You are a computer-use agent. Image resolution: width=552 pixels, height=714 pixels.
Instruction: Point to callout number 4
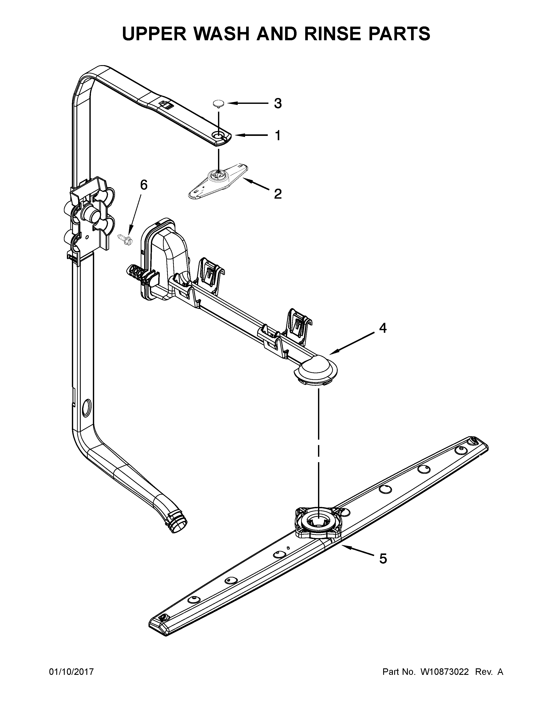(x=383, y=328)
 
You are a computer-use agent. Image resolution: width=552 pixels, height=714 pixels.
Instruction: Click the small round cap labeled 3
(x=217, y=104)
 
